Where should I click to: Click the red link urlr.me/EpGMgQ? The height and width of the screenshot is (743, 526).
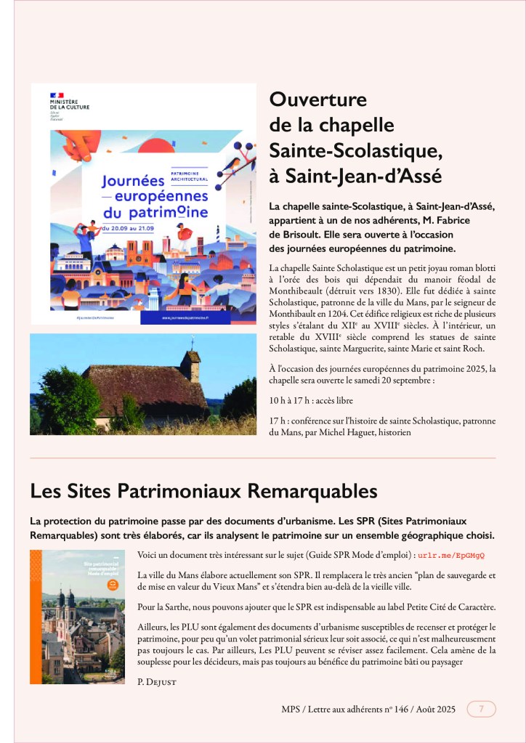451,556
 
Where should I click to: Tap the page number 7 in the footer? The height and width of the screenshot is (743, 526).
481,709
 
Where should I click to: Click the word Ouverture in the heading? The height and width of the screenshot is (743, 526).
318,100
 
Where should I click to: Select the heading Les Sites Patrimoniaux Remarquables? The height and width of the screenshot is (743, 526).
203,491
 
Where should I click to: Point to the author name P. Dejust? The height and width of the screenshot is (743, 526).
157,682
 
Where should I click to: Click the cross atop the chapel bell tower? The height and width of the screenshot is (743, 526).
192,343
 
